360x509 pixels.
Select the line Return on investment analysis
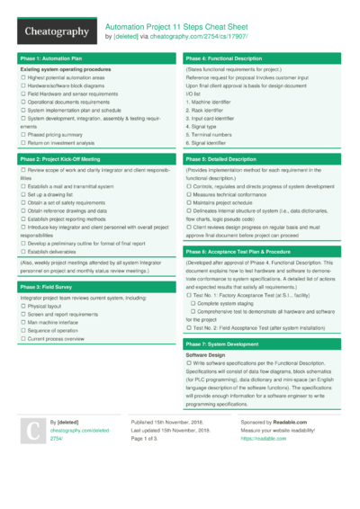coord(61,143)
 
